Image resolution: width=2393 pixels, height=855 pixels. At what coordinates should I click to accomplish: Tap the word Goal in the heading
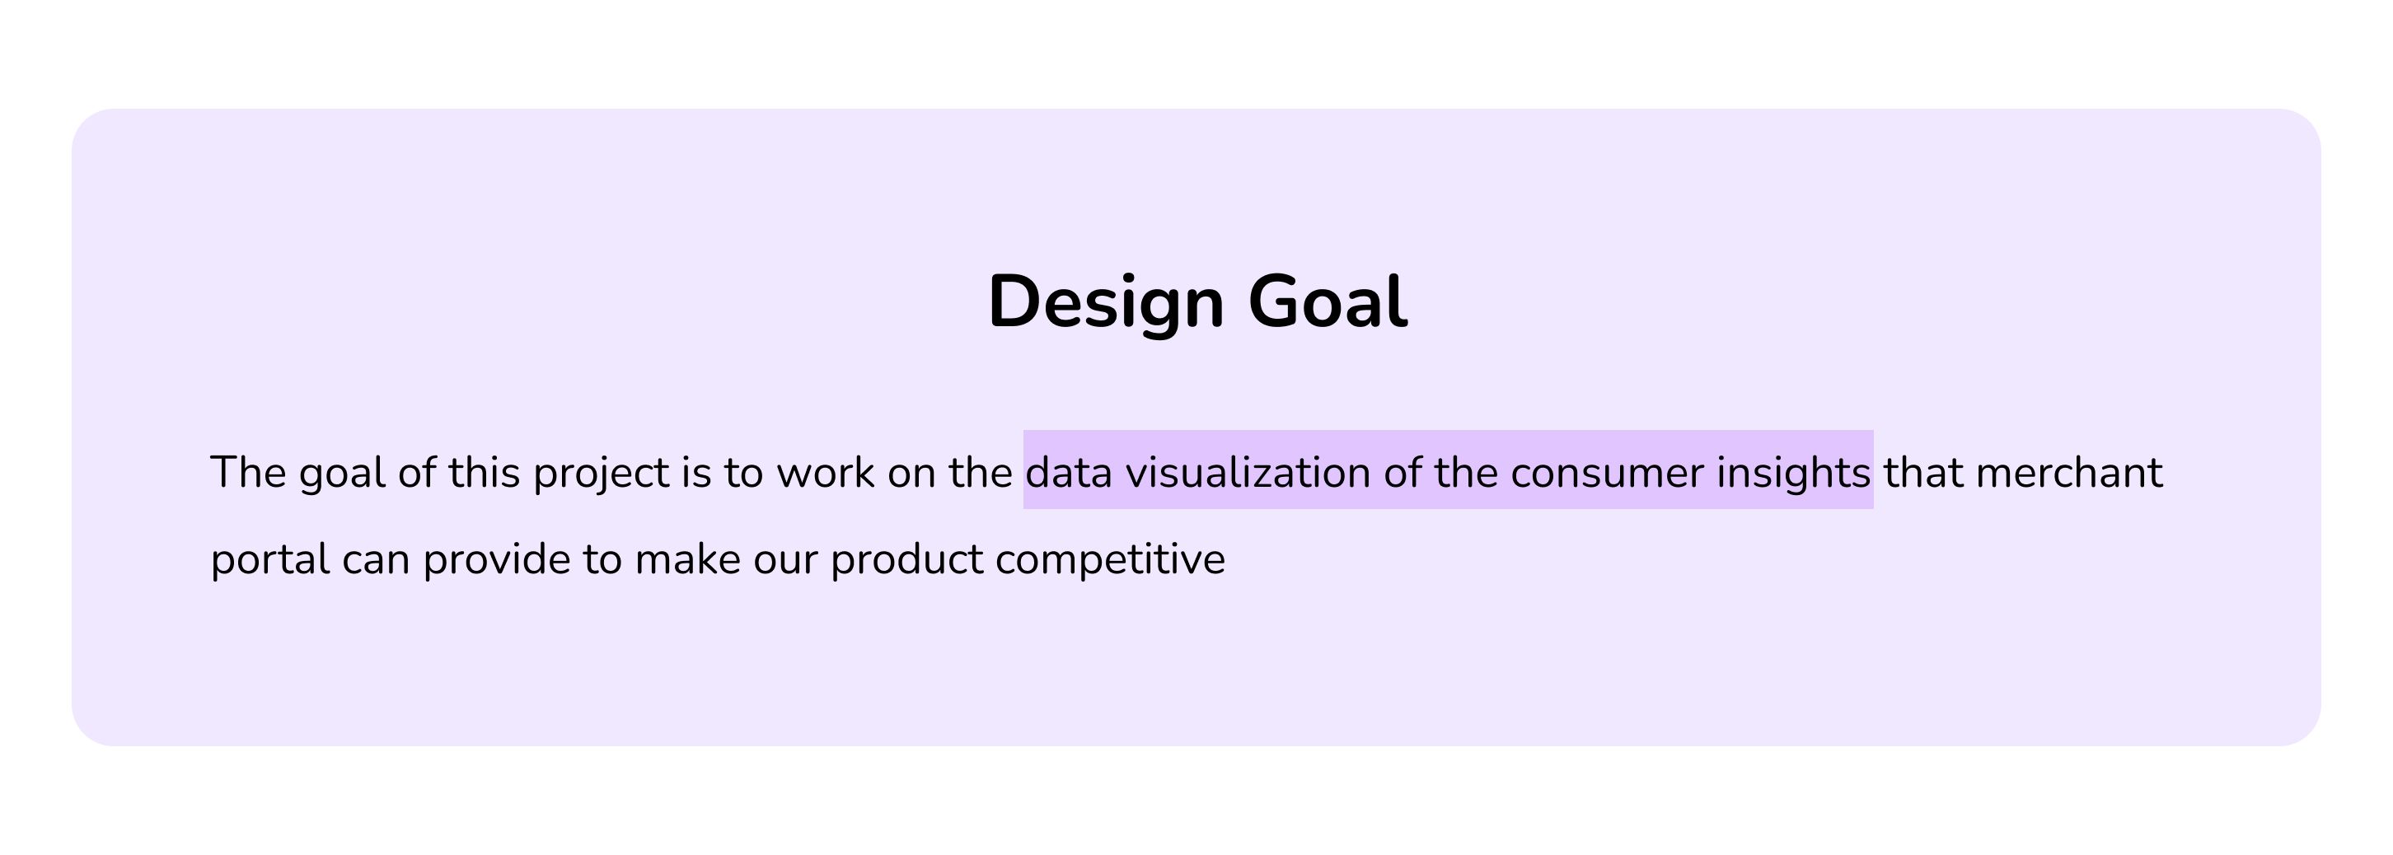coord(1328,301)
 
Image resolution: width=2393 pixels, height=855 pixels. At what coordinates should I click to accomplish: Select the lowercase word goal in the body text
coord(342,474)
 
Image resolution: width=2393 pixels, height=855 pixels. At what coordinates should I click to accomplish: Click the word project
coord(601,474)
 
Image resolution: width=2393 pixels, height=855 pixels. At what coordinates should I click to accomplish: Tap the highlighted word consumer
coord(1607,474)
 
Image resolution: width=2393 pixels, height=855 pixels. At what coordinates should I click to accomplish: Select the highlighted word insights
coord(1793,474)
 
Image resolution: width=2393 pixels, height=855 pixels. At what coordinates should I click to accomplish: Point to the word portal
coord(270,561)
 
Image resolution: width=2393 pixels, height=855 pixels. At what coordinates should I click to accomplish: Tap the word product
coord(906,561)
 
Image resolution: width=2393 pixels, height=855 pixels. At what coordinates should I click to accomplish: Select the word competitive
coord(1110,561)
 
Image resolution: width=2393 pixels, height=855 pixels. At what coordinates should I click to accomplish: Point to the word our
coord(786,561)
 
